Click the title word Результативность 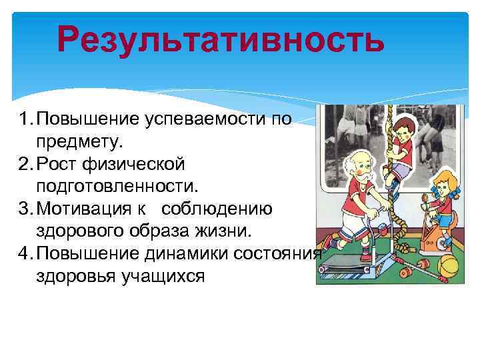pos(221,39)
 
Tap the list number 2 pos(23,163)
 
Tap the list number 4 pos(23,254)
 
